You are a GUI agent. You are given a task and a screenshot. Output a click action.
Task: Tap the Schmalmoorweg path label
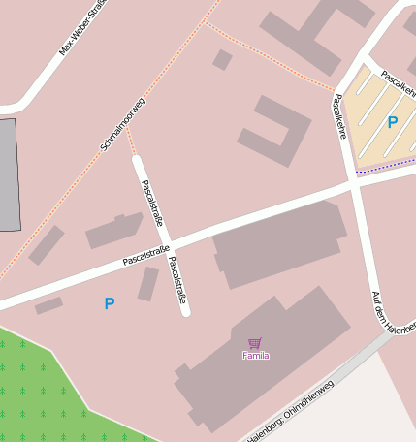coord(123,124)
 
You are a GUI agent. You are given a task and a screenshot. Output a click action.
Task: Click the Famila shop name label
coord(255,356)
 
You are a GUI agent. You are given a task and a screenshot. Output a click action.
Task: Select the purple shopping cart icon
coord(255,343)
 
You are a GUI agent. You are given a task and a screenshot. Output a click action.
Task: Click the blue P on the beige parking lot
coord(393,123)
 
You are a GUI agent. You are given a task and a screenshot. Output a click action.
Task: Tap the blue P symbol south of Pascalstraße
coord(110,304)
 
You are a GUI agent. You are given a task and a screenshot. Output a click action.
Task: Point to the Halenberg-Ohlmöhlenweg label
coord(291,412)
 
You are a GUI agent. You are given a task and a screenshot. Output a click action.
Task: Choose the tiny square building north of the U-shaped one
coord(222,60)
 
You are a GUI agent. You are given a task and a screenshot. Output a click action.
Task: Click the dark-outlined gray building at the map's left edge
coord(9,174)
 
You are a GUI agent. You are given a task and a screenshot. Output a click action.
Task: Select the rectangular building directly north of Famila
coord(278,245)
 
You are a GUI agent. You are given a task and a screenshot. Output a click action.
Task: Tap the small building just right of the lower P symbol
coord(147,284)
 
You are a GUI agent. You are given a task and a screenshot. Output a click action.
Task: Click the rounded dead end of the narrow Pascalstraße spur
coord(185,311)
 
